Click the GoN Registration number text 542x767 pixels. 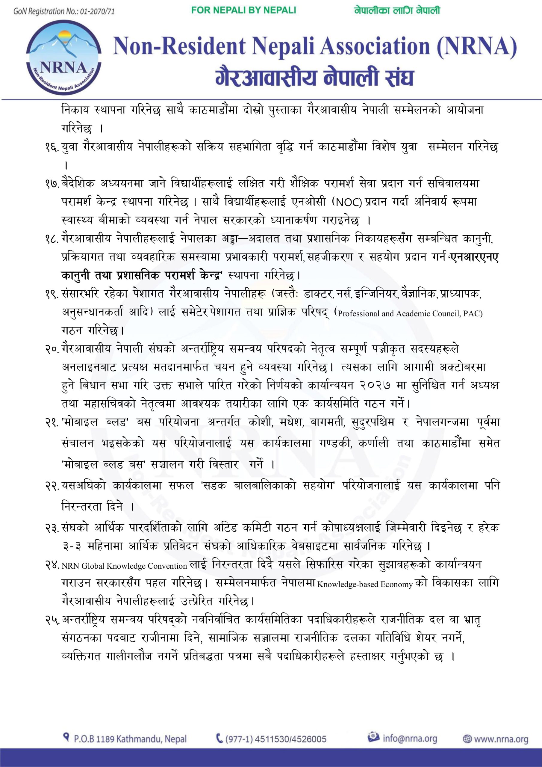pos(64,11)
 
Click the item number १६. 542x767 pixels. pos(52,147)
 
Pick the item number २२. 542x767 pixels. pos(52,486)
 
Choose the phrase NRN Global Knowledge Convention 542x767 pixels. pos(124,566)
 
